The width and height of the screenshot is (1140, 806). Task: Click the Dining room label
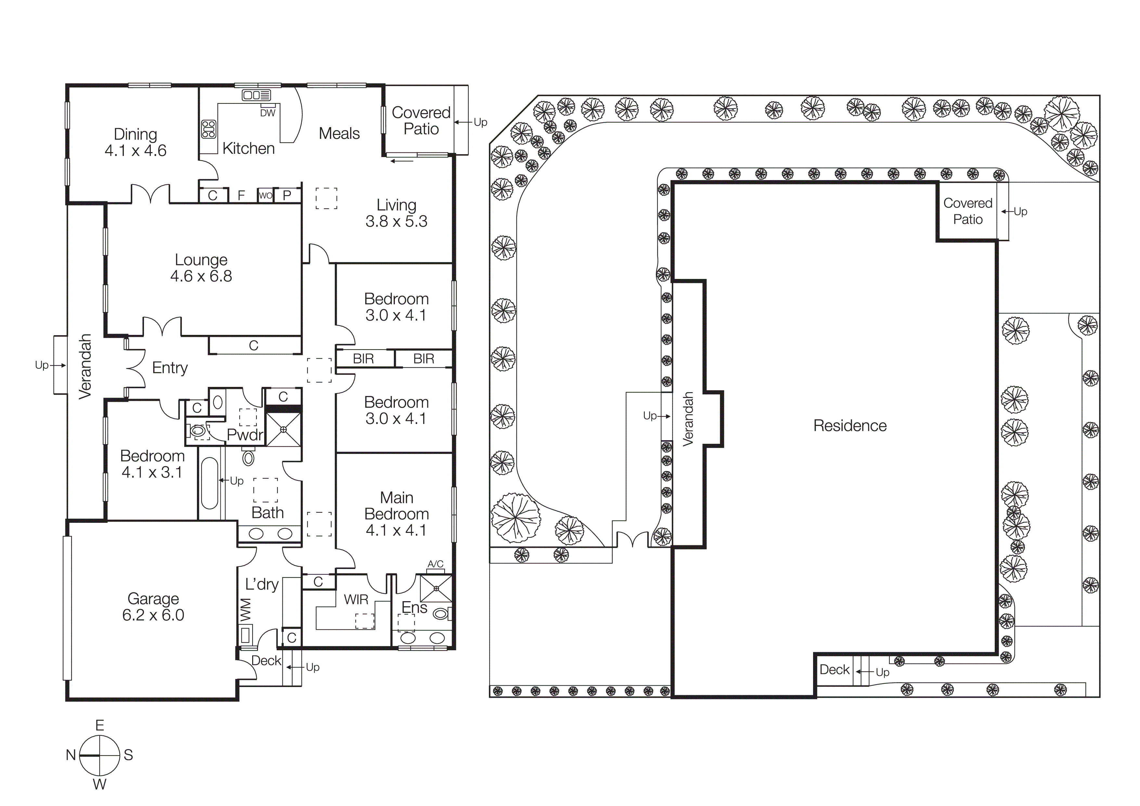[x=135, y=134]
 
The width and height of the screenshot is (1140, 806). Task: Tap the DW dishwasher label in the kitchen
[x=268, y=113]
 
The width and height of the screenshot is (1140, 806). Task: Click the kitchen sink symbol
[x=256, y=95]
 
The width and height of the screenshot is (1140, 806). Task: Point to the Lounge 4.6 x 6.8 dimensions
[x=201, y=276]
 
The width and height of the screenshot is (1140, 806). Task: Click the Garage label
[x=153, y=599]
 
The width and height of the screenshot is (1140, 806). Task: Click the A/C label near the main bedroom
[x=435, y=564]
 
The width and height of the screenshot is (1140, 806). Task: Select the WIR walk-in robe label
[x=356, y=600]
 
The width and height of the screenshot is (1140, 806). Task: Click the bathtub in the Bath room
[x=210, y=483]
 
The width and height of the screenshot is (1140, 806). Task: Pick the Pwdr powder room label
[x=245, y=435]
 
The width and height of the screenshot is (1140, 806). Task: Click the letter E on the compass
[x=100, y=726]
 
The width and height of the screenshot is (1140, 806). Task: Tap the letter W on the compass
[x=100, y=785]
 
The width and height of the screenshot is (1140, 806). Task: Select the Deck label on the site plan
[x=834, y=669]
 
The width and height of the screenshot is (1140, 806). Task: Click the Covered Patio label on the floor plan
[x=421, y=121]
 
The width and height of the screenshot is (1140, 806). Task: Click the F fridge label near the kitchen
[x=241, y=196]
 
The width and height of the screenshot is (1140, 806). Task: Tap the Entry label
[x=170, y=368]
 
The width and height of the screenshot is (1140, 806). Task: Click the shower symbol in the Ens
[x=436, y=588]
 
